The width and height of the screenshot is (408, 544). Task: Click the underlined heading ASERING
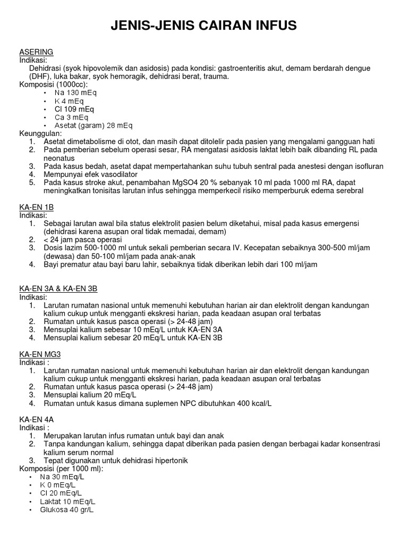(36, 52)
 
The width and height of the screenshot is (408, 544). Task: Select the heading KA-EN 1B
(37, 207)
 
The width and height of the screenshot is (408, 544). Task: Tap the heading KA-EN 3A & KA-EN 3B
(58, 288)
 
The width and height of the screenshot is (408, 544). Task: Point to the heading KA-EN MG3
(39, 354)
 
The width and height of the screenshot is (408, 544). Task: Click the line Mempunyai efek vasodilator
(90, 174)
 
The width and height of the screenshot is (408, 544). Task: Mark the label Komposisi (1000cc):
(54, 84)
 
